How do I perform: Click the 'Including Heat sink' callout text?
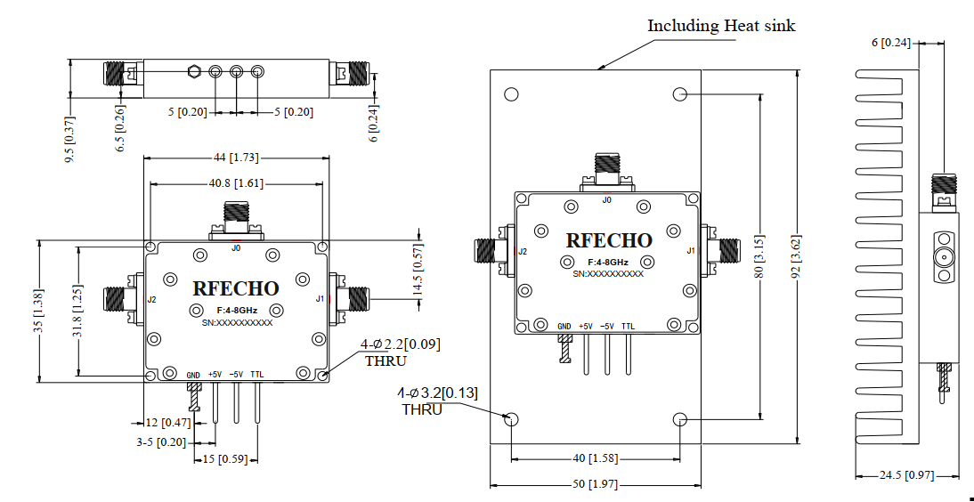click(721, 26)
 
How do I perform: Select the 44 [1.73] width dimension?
click(235, 158)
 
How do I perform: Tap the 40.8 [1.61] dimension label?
click(236, 183)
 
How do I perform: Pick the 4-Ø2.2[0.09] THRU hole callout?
click(400, 352)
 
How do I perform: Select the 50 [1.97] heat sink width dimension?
click(596, 484)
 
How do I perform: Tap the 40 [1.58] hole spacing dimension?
click(596, 458)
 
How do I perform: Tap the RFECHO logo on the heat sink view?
click(609, 240)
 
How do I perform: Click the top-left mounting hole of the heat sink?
click(511, 95)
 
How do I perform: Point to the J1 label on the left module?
click(320, 299)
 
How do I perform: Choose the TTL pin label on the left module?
click(257, 375)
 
